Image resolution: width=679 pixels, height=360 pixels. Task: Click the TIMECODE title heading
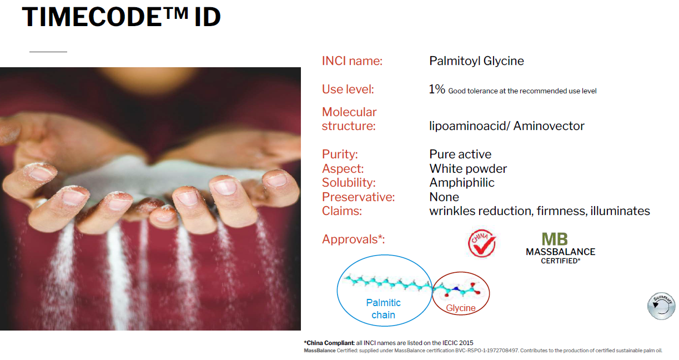[121, 17]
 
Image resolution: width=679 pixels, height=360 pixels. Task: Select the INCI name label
[352, 61]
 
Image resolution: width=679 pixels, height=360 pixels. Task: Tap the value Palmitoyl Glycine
[476, 61]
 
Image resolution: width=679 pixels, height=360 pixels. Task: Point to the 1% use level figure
[437, 89]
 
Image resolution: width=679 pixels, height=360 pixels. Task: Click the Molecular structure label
[349, 119]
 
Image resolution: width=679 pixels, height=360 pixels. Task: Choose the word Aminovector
[549, 126]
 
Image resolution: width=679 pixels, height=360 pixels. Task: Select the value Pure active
[460, 154]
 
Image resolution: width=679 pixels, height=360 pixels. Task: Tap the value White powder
[468, 169]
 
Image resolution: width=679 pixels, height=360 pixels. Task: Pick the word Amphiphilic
[462, 183]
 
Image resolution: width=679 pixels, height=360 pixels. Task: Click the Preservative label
[358, 197]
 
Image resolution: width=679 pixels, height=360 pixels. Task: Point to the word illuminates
[620, 211]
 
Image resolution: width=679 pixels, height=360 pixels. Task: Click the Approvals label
[353, 239]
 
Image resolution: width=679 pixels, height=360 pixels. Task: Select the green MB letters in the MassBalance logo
[555, 239]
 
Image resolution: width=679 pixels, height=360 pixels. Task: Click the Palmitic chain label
[384, 309]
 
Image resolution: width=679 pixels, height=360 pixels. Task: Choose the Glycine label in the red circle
[460, 308]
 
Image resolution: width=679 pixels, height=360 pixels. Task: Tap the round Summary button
[661, 306]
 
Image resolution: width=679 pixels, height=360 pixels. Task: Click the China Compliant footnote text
[388, 343]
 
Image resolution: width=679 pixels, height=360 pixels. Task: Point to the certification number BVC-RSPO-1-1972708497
[486, 351]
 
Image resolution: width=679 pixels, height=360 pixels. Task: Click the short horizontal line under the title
[48, 52]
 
